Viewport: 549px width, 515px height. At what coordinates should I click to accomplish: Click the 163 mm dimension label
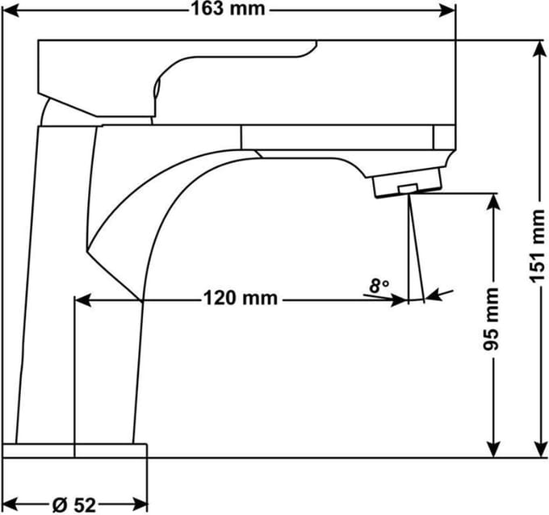pos(228,9)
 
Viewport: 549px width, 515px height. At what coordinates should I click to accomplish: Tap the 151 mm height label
pos(537,246)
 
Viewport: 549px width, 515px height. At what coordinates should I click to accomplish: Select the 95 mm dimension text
pos(491,319)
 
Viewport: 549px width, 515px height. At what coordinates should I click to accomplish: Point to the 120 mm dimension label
pos(241,299)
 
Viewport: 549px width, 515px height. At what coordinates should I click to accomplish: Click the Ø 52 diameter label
pos(74,505)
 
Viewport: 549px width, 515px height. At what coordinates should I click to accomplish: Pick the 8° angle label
pos(379,286)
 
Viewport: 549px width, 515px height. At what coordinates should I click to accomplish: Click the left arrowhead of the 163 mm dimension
pos(10,10)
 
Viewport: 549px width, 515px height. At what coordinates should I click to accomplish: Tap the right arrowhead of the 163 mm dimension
pos(447,10)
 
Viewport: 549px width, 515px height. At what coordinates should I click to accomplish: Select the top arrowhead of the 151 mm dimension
pos(541,48)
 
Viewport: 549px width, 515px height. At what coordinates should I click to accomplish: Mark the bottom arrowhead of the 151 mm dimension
pos(541,449)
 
